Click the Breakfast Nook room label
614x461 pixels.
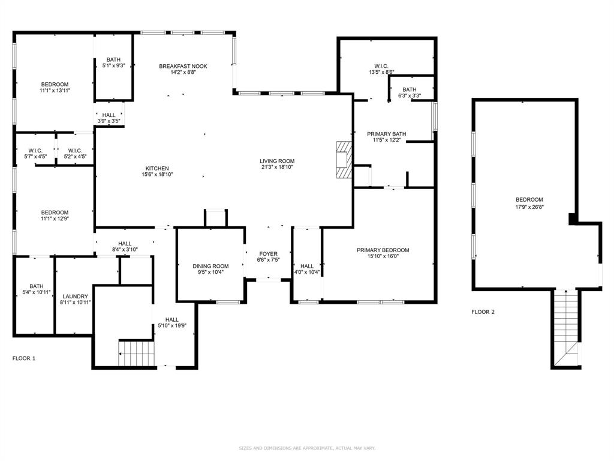(183, 66)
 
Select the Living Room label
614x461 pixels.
(277, 161)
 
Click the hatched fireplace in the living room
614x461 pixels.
(343, 160)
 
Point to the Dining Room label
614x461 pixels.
(210, 266)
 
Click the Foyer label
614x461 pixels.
(268, 254)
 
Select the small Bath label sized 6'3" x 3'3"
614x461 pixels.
(410, 89)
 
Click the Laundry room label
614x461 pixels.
(76, 297)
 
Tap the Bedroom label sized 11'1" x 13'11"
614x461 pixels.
(55, 84)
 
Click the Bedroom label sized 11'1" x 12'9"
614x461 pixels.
(55, 212)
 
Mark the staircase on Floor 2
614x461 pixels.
(565, 327)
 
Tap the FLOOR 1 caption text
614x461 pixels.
(24, 358)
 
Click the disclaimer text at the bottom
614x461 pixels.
(307, 448)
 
